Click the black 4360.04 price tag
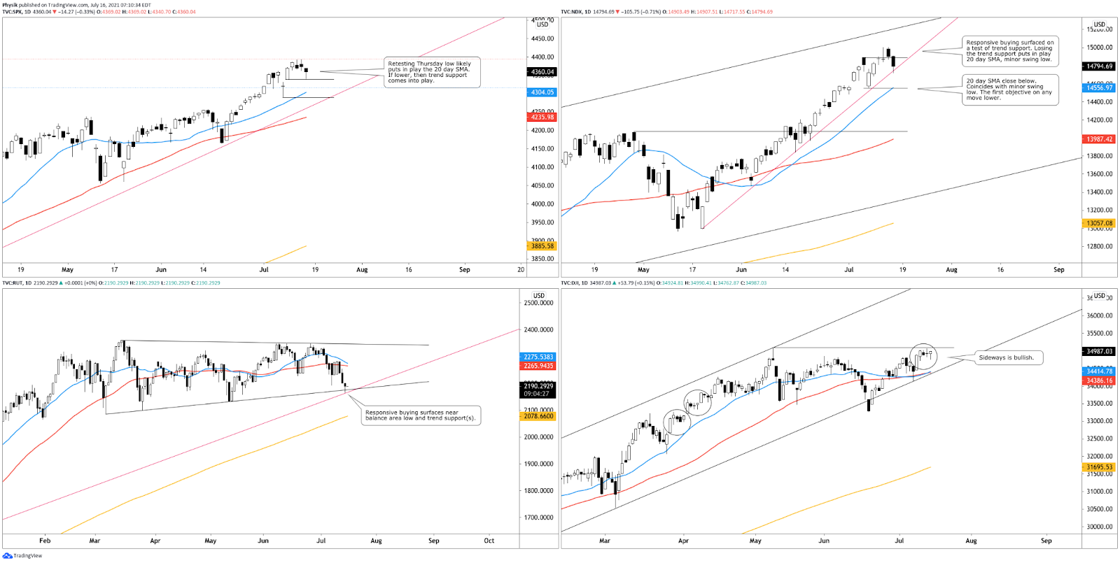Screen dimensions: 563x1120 coord(542,72)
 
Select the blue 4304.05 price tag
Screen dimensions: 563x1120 coord(542,92)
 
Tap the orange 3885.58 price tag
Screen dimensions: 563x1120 coord(542,246)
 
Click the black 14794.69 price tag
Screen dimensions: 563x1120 coord(1099,66)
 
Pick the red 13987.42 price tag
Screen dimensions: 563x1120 coord(1099,139)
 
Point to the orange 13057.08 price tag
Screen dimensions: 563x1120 coord(1099,224)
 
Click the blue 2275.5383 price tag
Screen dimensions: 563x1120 coord(538,357)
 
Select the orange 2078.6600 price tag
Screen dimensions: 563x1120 coord(538,416)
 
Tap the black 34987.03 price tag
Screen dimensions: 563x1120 coord(1099,352)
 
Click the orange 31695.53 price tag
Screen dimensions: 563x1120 coord(1099,467)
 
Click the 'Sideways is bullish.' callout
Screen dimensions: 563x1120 coord(1006,357)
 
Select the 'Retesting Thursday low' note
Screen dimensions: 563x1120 coord(431,72)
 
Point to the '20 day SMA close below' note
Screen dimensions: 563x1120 coord(1010,90)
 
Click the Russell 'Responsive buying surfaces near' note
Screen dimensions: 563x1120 coord(420,415)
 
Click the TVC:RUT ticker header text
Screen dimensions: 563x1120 coord(13,283)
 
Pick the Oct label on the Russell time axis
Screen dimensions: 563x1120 coord(489,541)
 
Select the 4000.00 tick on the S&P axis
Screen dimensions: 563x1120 coord(542,204)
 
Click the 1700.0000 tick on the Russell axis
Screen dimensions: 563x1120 coord(539,518)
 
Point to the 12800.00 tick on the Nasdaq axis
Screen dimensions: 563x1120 coord(1099,246)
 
